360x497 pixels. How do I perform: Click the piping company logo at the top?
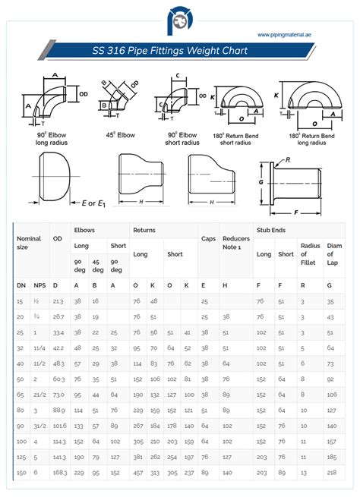point(181,20)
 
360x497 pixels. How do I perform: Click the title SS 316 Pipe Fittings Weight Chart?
point(181,51)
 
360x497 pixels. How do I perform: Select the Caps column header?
point(207,238)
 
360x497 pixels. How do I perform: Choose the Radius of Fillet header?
point(310,254)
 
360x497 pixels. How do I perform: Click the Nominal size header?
point(29,242)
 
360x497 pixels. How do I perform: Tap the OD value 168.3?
point(60,473)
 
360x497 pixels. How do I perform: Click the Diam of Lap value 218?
point(330,473)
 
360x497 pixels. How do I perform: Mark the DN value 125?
point(21,457)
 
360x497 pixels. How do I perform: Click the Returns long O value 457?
point(137,473)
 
